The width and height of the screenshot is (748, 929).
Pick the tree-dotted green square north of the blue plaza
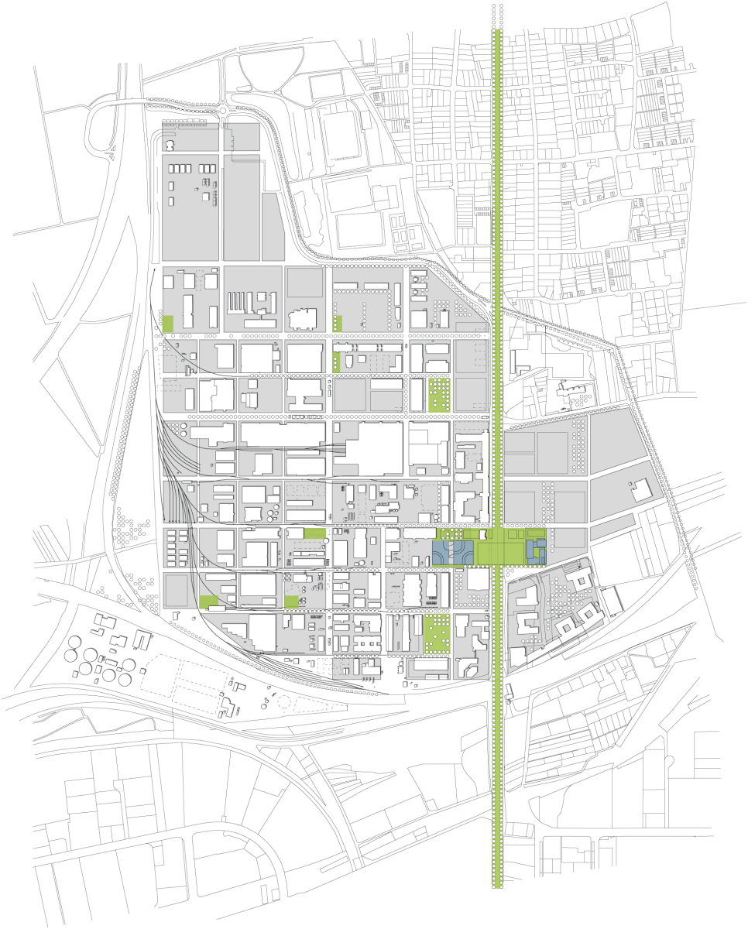point(439,394)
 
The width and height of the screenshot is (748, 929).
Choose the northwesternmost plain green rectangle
point(168,324)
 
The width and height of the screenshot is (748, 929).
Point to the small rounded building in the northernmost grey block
point(170,145)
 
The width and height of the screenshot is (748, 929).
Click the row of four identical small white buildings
point(183,168)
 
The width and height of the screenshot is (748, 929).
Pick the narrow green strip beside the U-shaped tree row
point(337,324)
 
